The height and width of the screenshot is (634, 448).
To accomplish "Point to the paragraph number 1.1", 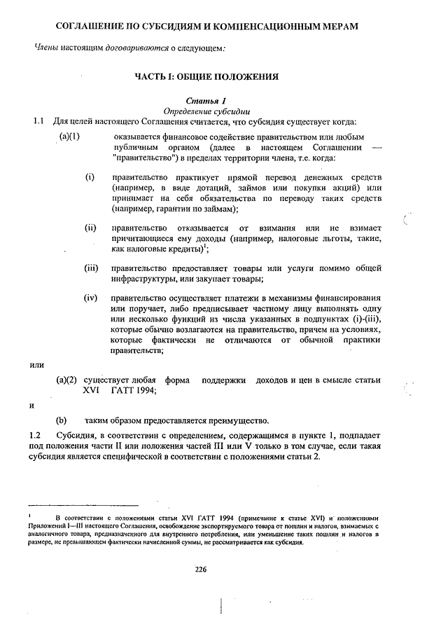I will [39, 122].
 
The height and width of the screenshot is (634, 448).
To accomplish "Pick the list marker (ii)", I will [90, 228].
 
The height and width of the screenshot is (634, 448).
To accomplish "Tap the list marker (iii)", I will [91, 268].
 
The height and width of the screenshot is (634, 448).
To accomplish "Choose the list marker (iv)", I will [91, 298].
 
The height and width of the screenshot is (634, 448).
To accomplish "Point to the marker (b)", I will [62, 420].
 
